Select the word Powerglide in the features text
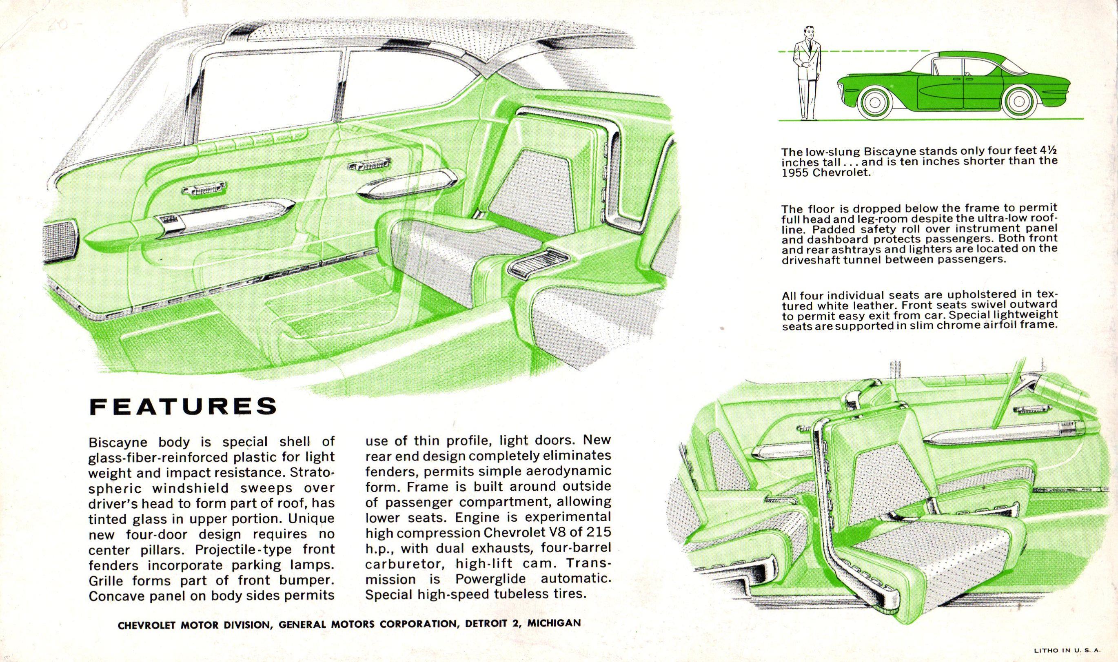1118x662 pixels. point(490,579)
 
